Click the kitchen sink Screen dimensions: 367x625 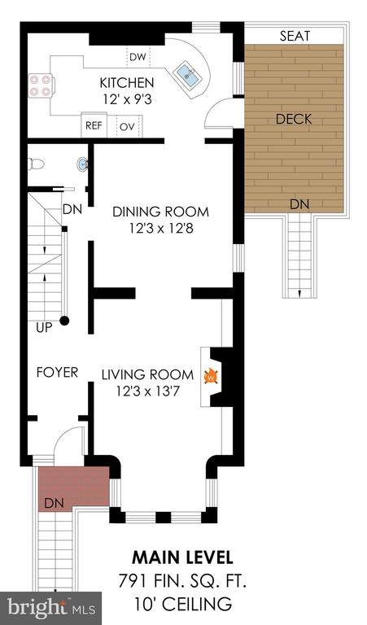click(187, 75)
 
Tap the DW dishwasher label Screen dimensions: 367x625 click(138, 57)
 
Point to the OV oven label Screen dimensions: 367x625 click(128, 127)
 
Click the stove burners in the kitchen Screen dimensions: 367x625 click(40, 85)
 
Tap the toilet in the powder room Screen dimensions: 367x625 click(36, 164)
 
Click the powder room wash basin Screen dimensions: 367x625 click(83, 164)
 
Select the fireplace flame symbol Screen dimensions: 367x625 click(212, 377)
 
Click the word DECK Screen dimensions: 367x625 click(294, 119)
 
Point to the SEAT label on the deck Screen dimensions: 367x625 click(295, 36)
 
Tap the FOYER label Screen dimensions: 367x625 click(57, 372)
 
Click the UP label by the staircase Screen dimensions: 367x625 click(44, 328)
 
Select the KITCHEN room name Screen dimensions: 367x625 click(127, 83)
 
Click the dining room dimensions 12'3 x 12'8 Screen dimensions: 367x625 click(161, 229)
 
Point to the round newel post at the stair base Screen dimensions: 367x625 click(64, 320)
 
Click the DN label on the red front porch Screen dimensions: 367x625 click(55, 503)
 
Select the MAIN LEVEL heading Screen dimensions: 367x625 click(182, 557)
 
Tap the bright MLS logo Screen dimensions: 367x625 click(51, 608)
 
